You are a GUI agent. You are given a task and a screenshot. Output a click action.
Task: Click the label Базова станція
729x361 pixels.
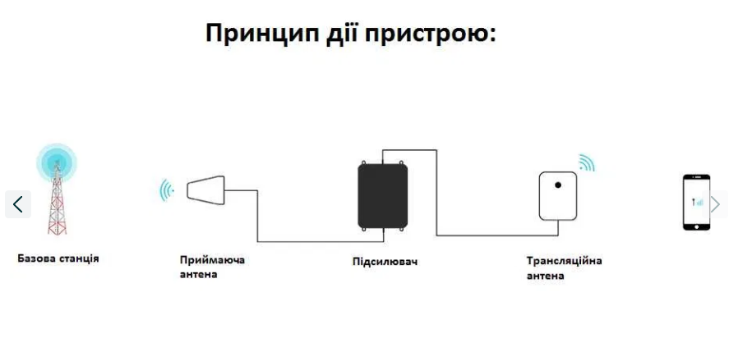(x=58, y=258)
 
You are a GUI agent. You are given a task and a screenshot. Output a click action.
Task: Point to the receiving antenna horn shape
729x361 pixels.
(x=206, y=190)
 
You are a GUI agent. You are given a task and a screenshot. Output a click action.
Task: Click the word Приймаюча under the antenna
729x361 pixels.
(x=212, y=260)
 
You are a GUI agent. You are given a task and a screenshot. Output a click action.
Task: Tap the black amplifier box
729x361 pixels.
(x=383, y=195)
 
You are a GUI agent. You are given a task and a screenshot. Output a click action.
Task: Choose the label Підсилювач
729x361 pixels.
(x=385, y=261)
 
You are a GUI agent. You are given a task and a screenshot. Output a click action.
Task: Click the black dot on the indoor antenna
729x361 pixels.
(x=558, y=185)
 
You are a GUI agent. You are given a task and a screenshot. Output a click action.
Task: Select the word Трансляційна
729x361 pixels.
(x=565, y=260)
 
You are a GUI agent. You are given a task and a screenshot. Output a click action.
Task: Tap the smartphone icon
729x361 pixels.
(x=696, y=203)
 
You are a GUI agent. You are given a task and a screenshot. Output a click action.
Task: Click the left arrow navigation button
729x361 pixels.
(x=18, y=204)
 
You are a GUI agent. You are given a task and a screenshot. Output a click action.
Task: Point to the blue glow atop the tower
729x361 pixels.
(x=57, y=162)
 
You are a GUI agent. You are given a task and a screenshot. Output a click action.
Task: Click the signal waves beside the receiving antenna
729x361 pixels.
(x=167, y=190)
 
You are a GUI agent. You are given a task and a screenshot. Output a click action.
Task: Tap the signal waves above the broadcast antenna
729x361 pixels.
(x=587, y=162)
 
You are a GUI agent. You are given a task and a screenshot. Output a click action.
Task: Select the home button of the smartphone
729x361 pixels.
(x=696, y=226)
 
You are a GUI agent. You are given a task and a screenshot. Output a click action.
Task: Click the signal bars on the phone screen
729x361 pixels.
(x=698, y=203)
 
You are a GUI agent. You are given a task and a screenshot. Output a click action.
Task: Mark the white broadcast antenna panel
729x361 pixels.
(x=558, y=196)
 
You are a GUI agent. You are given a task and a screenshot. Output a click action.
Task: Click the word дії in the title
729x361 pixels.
(x=341, y=34)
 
